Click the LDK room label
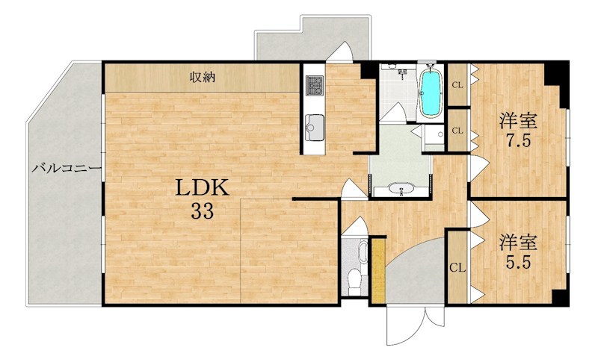[202, 187]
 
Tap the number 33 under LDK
[202, 211]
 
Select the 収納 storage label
[203, 78]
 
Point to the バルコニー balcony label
[67, 168]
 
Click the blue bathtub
[431, 93]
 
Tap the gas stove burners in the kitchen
[315, 86]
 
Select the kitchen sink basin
[315, 123]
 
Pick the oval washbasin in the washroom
[401, 188]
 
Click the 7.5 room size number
[518, 141]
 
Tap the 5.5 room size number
[518, 263]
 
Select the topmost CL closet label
[457, 85]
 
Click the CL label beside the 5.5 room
[457, 268]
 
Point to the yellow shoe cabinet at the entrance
[379, 271]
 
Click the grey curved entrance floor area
[416, 274]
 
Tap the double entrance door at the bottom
[415, 325]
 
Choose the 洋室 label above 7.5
[519, 121]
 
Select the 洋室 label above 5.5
[519, 243]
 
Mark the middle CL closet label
[457, 131]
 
